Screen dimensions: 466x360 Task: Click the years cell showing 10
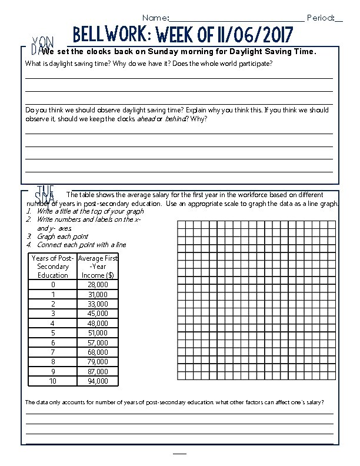pos(53,381)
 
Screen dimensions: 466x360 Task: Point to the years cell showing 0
pos(53,285)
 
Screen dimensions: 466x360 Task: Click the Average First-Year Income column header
pos(98,267)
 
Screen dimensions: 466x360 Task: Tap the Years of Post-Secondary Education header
pos(53,267)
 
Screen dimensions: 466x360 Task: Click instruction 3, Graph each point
pos(62,237)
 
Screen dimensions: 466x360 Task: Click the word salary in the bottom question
pos(311,402)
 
